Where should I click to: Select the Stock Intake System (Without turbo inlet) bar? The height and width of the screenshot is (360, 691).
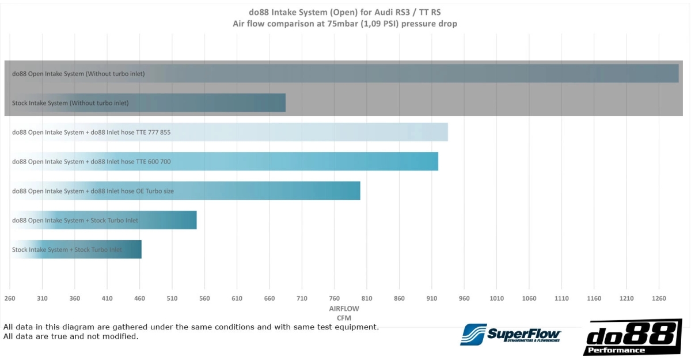click(148, 103)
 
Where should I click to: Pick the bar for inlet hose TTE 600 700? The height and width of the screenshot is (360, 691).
click(225, 161)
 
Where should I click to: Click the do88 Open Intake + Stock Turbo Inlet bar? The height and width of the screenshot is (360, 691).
click(104, 220)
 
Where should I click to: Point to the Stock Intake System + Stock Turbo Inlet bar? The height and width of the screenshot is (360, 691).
click(76, 249)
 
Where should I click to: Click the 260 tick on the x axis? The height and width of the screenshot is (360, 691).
click(9, 298)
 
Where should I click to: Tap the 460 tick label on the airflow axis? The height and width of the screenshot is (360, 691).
click(139, 298)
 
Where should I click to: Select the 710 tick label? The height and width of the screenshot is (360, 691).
click(302, 298)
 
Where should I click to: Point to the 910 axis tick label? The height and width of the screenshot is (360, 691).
click(432, 298)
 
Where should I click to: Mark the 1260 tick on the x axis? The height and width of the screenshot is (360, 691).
click(659, 298)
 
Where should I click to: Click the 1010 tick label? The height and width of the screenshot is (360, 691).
click(496, 298)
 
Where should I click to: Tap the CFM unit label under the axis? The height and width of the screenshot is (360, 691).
click(344, 318)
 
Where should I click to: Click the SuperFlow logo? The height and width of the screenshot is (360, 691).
click(510, 334)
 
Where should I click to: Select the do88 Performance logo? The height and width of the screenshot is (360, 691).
click(632, 336)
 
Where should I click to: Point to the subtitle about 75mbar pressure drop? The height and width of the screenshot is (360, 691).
click(345, 24)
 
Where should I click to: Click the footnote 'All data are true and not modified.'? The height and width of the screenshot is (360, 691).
click(71, 336)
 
